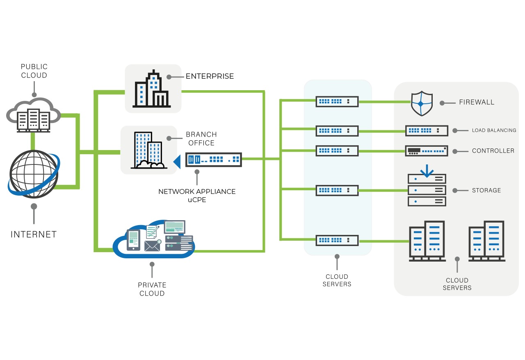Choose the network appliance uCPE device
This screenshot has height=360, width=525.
click(x=214, y=159)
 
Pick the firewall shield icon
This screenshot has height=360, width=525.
click(x=422, y=104)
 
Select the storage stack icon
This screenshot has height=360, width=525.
click(x=427, y=189)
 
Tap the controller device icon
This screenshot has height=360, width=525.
click(x=427, y=151)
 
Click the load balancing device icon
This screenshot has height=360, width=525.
click(x=427, y=130)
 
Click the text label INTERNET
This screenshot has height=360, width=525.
click(x=34, y=235)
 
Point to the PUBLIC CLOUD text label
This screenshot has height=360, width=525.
click(x=34, y=71)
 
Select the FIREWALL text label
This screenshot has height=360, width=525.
click(x=477, y=102)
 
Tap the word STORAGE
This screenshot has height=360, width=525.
click(x=486, y=190)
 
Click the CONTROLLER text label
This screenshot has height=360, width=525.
click(x=493, y=151)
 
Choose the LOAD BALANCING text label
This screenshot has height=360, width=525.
click(x=494, y=130)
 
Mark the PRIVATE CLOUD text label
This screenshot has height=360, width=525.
click(x=152, y=289)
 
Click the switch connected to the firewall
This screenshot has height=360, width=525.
click(x=337, y=101)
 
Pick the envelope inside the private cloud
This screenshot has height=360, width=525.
click(x=152, y=246)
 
